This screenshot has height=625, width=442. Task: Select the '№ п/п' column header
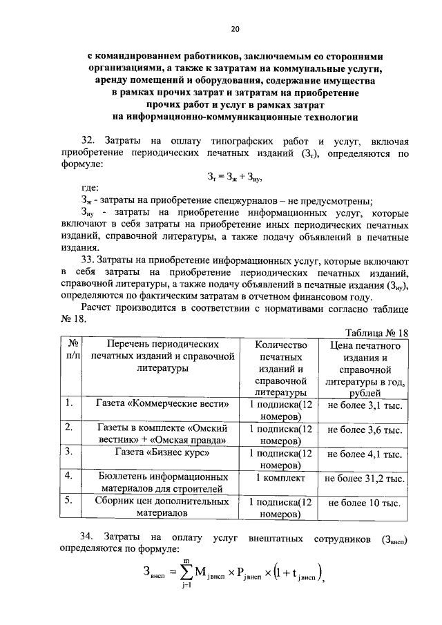pyautogui.click(x=70, y=350)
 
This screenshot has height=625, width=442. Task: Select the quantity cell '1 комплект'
pyautogui.click(x=280, y=477)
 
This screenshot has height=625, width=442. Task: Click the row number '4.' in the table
pyautogui.click(x=69, y=477)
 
